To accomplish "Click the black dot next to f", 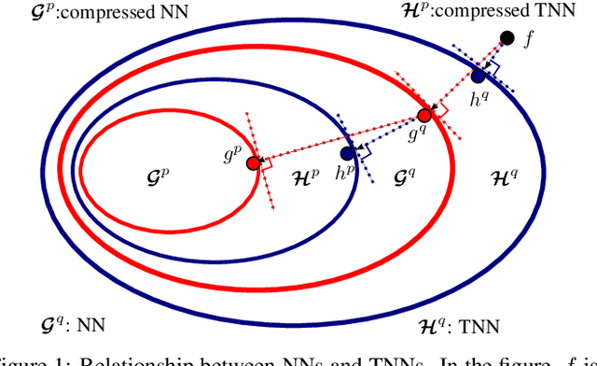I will [507, 37].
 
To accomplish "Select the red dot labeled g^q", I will [425, 116].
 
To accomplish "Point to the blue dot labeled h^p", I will [347, 152].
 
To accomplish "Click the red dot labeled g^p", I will [253, 163].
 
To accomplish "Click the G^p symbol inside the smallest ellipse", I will [160, 174].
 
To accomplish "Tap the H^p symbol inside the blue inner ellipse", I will [303, 174].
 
